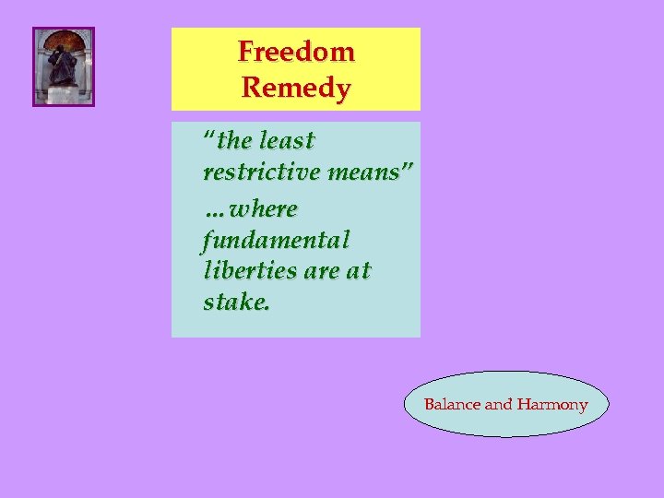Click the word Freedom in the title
[296, 51]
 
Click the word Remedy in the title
[296, 89]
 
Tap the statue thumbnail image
[64, 66]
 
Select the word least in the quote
[288, 141]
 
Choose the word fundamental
[276, 241]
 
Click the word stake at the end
[233, 303]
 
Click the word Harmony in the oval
[552, 404]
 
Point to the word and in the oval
[499, 404]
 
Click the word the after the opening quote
[235, 141]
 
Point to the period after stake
[267, 309]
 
